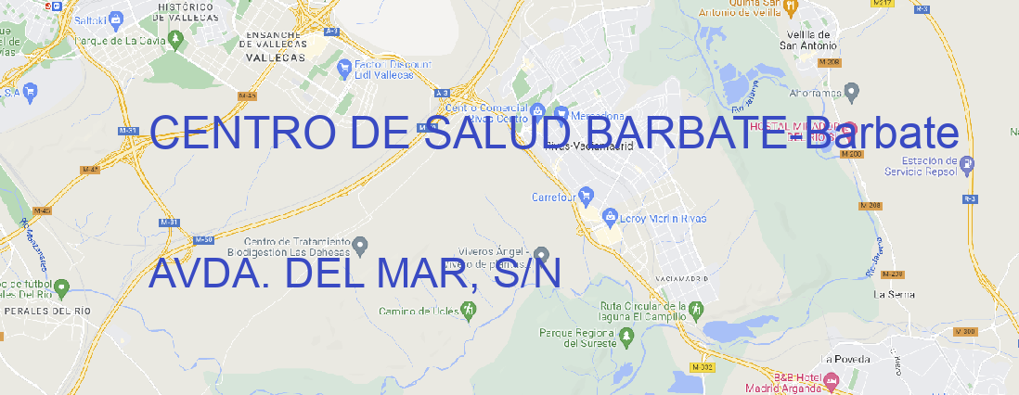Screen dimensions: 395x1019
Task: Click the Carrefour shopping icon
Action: pos(587,197)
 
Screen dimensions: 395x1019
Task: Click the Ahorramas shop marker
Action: pos(853,91)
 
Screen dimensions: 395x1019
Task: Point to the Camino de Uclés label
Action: pos(419,311)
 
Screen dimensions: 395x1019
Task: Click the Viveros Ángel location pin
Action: pos(542,254)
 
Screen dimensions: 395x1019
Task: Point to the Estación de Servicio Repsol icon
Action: pos(968,165)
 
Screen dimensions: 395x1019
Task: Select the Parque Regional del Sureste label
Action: pos(577,337)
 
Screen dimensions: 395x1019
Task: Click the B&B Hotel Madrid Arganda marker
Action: pos(832,379)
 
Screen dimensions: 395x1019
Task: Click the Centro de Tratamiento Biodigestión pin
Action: pos(362,245)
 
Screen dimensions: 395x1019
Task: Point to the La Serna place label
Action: pos(895,294)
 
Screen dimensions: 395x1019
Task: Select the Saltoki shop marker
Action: pos(116,18)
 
